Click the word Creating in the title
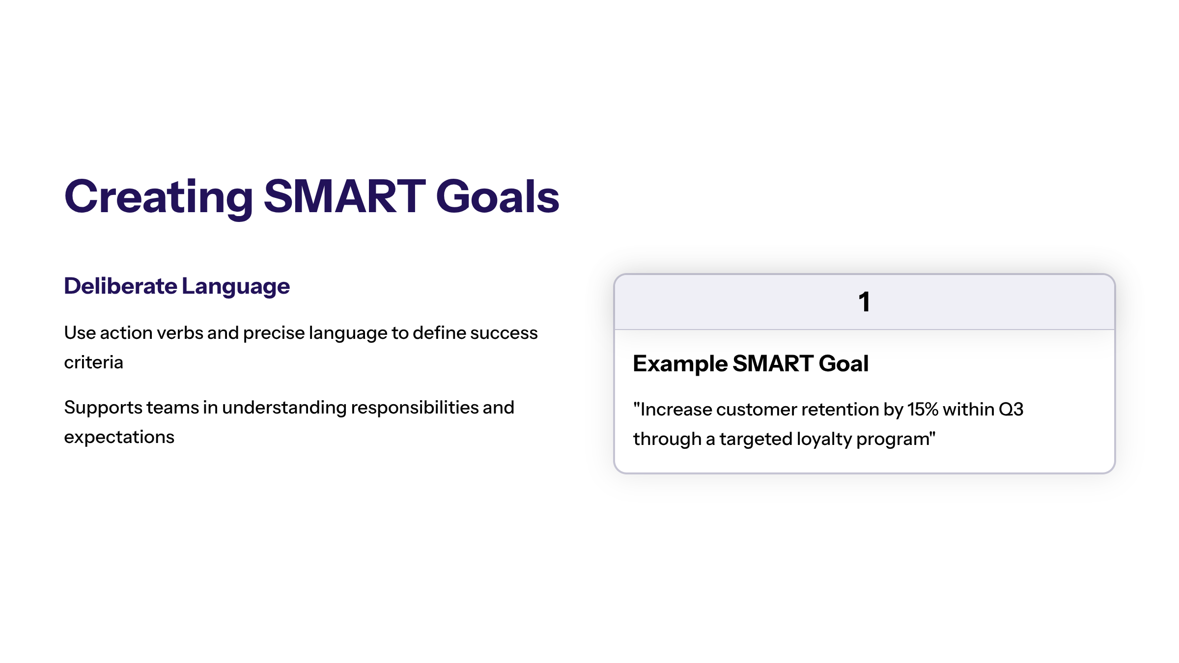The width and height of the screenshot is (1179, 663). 159,197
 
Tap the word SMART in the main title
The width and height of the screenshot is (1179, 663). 345,196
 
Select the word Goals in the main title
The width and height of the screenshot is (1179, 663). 498,196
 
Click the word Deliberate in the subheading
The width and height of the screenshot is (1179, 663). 120,286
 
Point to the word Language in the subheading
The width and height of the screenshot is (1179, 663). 236,287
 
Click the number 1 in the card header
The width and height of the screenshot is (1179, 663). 864,302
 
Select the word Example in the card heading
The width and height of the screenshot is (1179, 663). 680,364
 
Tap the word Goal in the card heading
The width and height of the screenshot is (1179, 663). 844,363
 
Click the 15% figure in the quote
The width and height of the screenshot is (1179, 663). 923,409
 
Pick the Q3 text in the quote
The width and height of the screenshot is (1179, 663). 1011,409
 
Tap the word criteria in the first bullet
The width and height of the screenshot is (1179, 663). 93,362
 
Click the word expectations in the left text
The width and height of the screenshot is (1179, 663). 119,438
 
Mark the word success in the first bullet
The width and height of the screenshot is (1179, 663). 504,333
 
